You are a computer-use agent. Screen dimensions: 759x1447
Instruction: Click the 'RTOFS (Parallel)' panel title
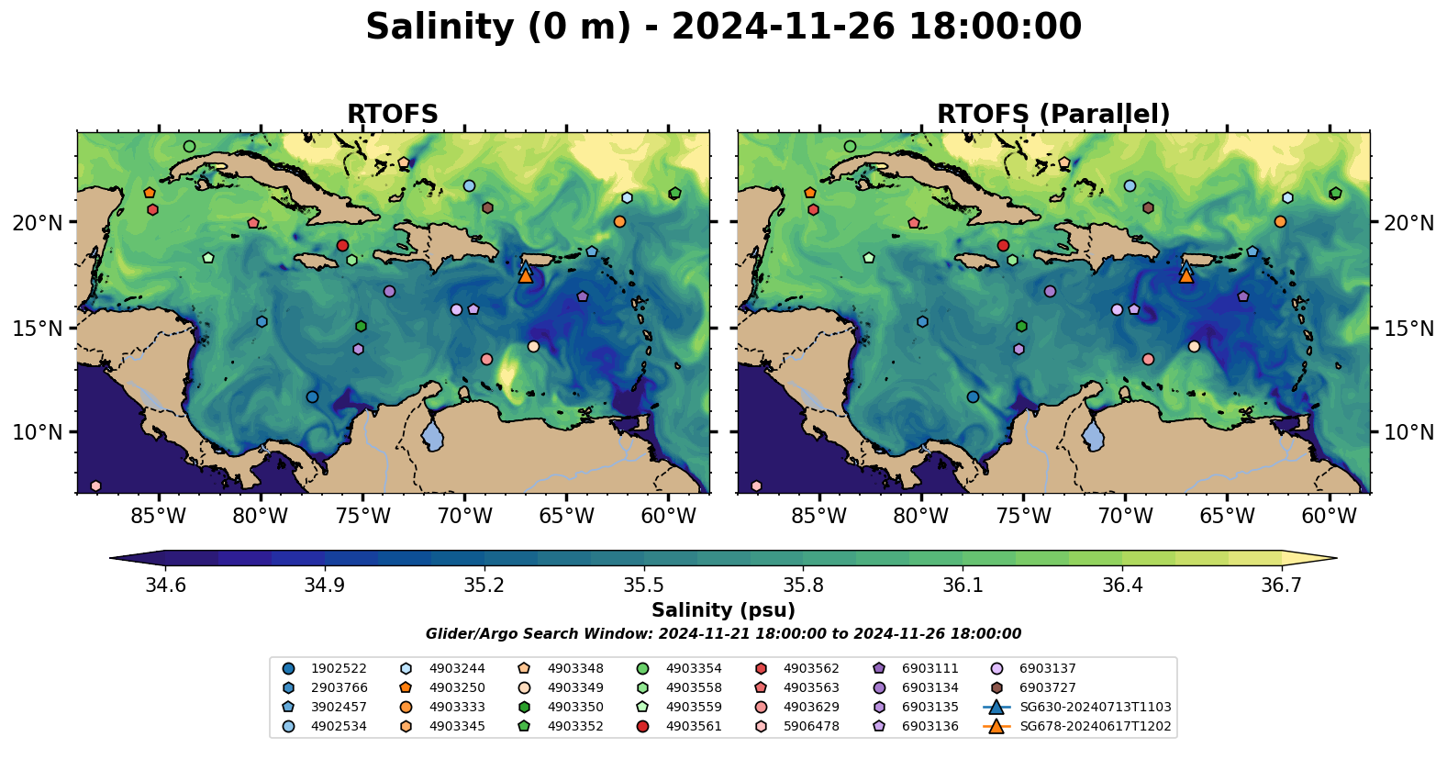[x=1053, y=114]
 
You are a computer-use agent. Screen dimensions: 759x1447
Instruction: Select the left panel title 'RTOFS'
[x=392, y=114]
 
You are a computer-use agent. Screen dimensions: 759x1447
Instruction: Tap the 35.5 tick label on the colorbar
[x=643, y=586]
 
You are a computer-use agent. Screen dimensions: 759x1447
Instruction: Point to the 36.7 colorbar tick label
[x=1281, y=586]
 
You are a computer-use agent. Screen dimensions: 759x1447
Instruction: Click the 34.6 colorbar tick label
[x=165, y=586]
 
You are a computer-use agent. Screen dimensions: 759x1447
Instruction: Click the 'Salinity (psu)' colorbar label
[x=723, y=610]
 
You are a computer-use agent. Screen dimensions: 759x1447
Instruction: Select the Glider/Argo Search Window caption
[x=723, y=634]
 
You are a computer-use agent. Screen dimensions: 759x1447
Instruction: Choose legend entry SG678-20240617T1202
[x=1095, y=727]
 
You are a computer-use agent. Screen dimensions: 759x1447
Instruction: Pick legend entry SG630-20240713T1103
[x=1095, y=708]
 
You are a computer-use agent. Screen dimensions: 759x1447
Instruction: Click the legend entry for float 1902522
[x=339, y=669]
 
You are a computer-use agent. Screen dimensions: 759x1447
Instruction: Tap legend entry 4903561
[x=694, y=727]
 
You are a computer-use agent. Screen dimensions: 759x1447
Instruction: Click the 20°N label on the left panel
[x=38, y=223]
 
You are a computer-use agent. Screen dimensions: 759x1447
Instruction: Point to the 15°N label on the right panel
[x=1408, y=328]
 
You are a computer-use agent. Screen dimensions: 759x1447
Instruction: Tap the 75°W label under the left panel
[x=362, y=516]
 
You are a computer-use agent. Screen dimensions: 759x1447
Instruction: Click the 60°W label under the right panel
[x=1329, y=516]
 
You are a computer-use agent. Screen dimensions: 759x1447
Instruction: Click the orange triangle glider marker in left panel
[x=525, y=275]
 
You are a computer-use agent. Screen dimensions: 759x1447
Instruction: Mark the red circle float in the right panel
[x=1003, y=245]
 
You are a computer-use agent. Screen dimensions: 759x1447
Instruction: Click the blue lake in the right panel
[x=1093, y=434]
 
